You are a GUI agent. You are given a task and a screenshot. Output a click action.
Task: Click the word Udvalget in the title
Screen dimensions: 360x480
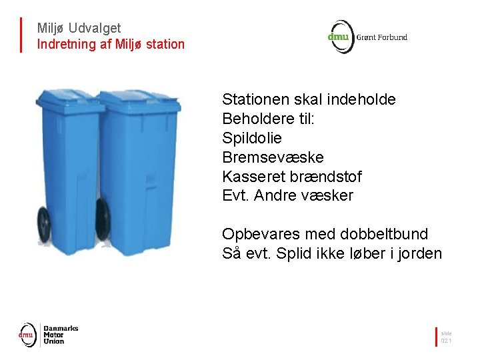pos(95,28)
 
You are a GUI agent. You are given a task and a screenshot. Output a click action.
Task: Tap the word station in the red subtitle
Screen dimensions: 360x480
pos(165,45)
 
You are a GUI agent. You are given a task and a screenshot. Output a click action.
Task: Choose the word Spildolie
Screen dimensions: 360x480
pos(252,139)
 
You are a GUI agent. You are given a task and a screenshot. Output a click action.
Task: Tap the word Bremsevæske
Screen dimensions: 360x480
pos(273,158)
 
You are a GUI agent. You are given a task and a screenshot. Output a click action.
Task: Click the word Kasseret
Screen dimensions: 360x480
pos(254,177)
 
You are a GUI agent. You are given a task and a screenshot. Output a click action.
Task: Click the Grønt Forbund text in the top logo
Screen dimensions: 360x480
pos(382,37)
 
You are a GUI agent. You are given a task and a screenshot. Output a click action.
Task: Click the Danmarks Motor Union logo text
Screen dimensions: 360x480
pos(61,335)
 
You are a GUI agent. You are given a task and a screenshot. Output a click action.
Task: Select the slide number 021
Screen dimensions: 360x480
pos(446,341)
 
